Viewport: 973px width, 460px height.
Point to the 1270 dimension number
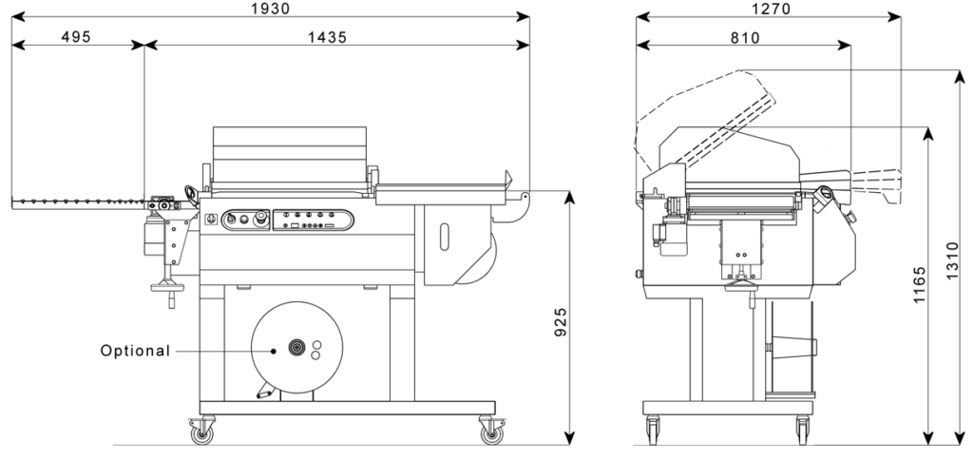771,9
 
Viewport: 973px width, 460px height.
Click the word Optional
135,351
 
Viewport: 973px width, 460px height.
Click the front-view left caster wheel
201,433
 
